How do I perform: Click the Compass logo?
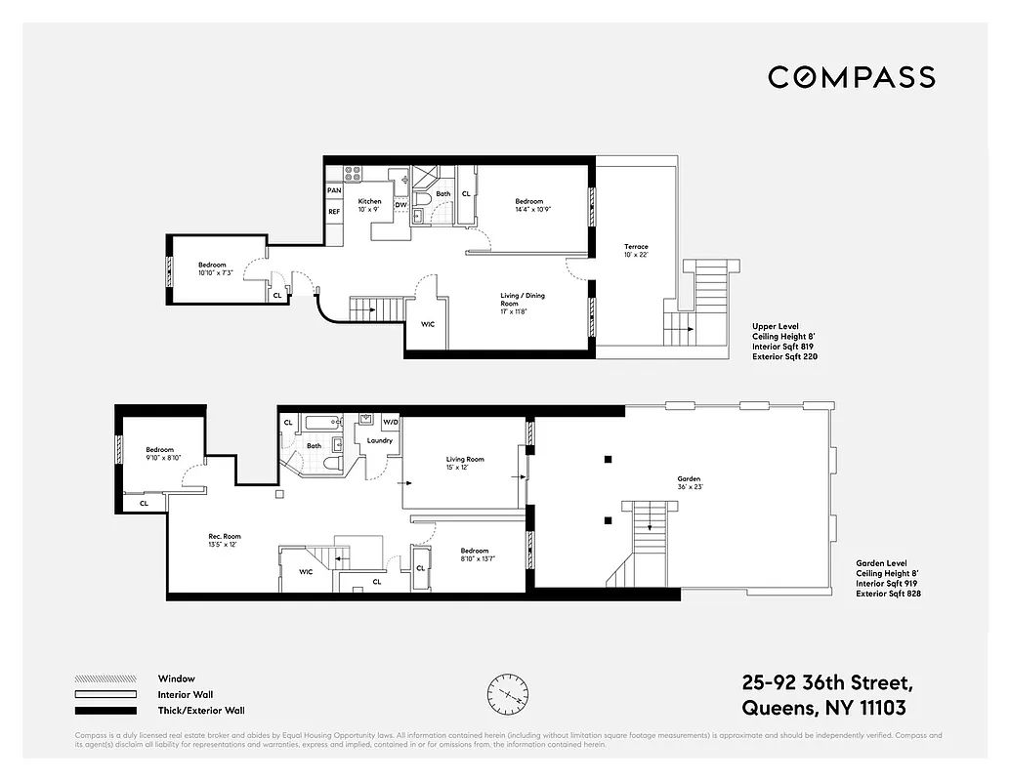pyautogui.click(x=851, y=77)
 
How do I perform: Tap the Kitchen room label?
pyautogui.click(x=369, y=201)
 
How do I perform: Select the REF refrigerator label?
pyautogui.click(x=334, y=211)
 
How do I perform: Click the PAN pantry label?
pyautogui.click(x=334, y=190)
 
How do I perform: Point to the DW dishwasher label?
pyautogui.click(x=400, y=205)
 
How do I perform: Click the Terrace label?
pyautogui.click(x=636, y=247)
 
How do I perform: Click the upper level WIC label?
pyautogui.click(x=428, y=324)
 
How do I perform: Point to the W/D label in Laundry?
pyautogui.click(x=391, y=422)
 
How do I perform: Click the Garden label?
pyautogui.click(x=689, y=479)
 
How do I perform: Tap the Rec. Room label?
pyautogui.click(x=224, y=536)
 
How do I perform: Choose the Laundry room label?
pyautogui.click(x=380, y=440)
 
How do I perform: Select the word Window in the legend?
pyautogui.click(x=176, y=678)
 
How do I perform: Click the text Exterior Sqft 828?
pyautogui.click(x=888, y=594)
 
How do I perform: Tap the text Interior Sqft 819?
pyautogui.click(x=784, y=347)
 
